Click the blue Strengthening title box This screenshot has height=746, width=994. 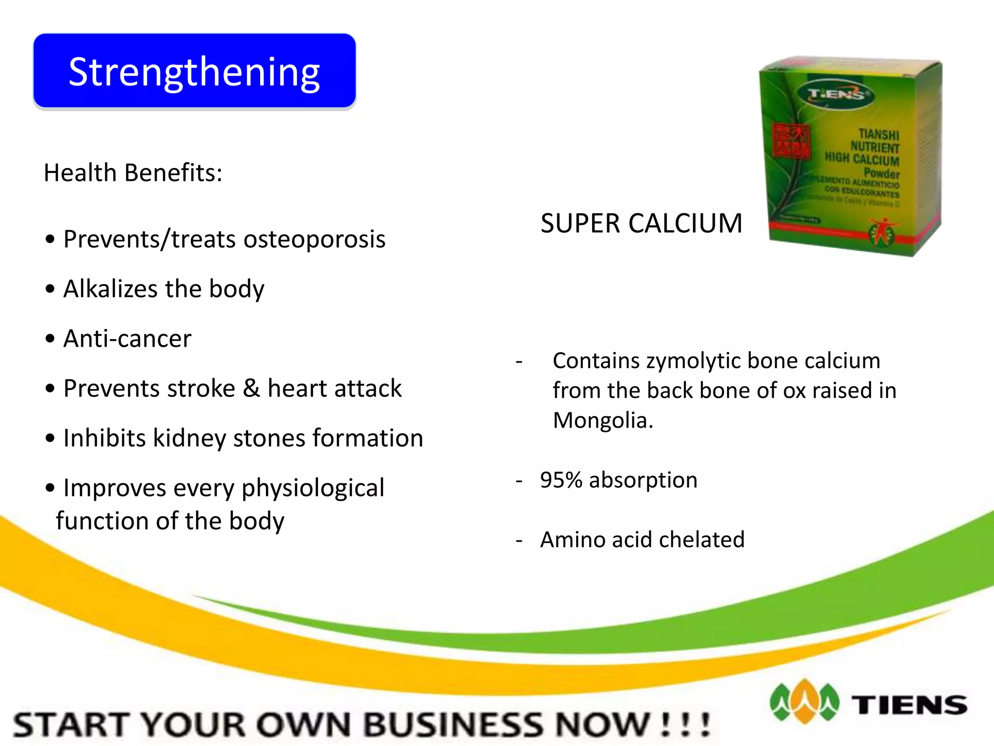point(194,71)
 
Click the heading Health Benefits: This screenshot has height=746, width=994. point(133,173)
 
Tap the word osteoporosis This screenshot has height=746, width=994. point(314,239)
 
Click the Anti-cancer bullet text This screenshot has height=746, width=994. point(127,339)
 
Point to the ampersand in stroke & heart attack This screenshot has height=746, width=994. point(251,389)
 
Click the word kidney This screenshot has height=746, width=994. point(189,438)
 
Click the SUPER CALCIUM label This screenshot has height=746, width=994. point(641,223)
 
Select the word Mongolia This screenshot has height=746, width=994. point(602,421)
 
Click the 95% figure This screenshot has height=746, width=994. point(561,480)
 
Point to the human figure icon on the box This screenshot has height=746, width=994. point(884,231)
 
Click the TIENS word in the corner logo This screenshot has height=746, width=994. point(909,705)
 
